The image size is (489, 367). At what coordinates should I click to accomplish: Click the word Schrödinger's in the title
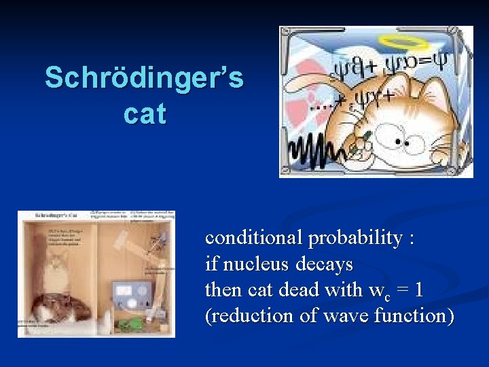pos(144,78)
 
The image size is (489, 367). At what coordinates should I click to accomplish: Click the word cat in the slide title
pos(145,113)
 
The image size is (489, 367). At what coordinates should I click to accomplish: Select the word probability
pos(357,238)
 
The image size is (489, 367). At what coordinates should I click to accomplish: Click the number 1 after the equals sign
pos(418,290)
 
